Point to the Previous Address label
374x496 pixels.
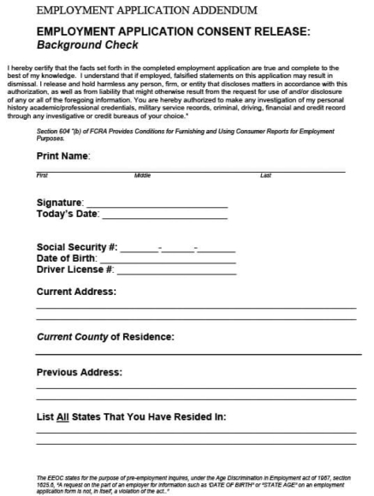point(80,372)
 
